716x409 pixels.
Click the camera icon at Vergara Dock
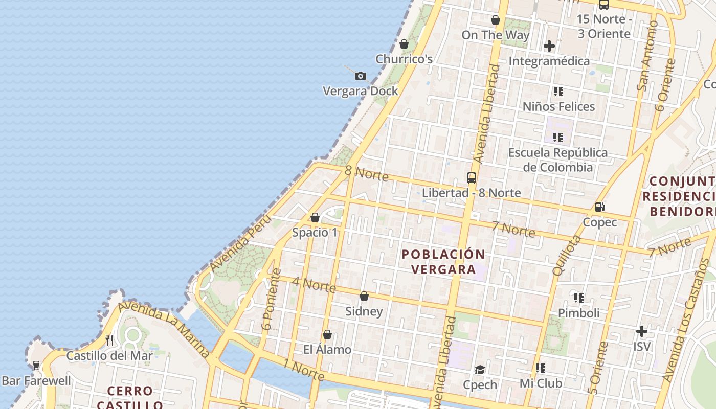tap(361, 76)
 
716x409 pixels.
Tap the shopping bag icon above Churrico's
tap(404, 44)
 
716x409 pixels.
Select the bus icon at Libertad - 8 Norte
tap(472, 178)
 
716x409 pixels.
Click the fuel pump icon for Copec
tap(599, 207)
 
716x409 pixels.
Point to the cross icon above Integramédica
tap(549, 46)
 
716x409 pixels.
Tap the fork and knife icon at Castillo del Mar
tap(109, 340)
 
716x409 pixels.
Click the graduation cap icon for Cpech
tap(480, 370)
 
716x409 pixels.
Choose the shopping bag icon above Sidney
tap(364, 296)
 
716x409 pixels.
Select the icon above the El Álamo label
tap(327, 334)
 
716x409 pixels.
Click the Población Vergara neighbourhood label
tap(443, 262)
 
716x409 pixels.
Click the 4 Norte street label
tap(314, 285)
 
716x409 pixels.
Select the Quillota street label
tap(567, 255)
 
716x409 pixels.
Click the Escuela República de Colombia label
tap(557, 160)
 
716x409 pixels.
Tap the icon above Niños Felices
tap(558, 92)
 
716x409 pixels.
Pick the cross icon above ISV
tap(642, 331)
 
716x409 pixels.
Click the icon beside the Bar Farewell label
tap(36, 366)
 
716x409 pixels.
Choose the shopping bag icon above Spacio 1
tap(315, 217)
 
